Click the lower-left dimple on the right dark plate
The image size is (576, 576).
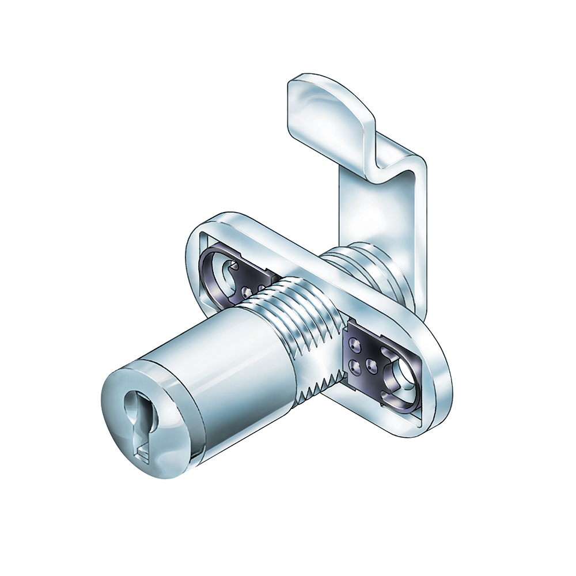coord(353,365)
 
